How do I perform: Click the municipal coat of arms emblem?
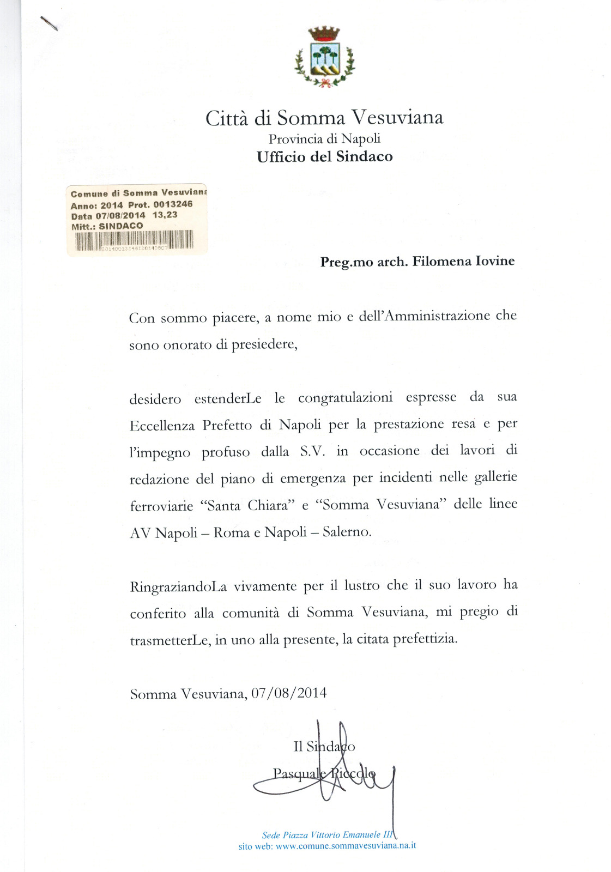pyautogui.click(x=324, y=57)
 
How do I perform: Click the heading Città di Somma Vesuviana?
pyautogui.click(x=324, y=118)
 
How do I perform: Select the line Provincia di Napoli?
pyautogui.click(x=324, y=138)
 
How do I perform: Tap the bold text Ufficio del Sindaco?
pyautogui.click(x=324, y=157)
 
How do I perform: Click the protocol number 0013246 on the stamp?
pyautogui.click(x=173, y=204)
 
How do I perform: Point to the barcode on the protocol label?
pyautogui.click(x=134, y=240)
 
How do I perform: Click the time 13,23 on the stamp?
pyautogui.click(x=165, y=215)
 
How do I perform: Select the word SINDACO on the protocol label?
pyautogui.click(x=120, y=226)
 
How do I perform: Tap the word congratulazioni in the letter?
pyautogui.click(x=345, y=397)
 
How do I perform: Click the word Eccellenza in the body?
pyautogui.click(x=162, y=426)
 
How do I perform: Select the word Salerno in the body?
pyautogui.click(x=347, y=531)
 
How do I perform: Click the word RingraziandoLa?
pyautogui.click(x=178, y=586)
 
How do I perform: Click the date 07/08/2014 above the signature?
pyautogui.click(x=289, y=693)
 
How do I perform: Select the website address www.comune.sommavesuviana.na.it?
pyautogui.click(x=346, y=846)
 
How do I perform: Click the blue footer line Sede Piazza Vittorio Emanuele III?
pyautogui.click(x=327, y=835)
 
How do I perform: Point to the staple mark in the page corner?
pyautogui.click(x=49, y=23)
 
